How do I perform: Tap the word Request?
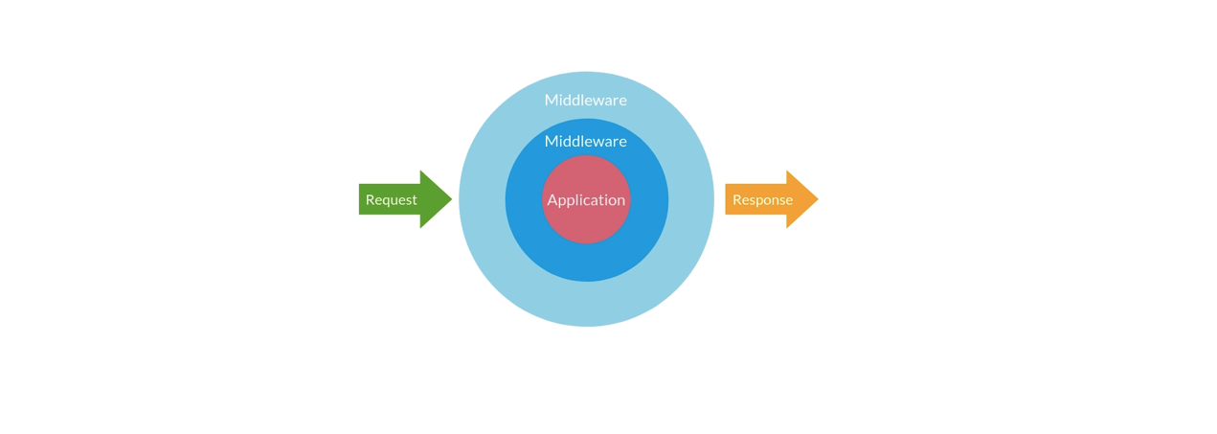point(391,200)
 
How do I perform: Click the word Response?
point(762,200)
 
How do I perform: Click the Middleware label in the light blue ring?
point(585,100)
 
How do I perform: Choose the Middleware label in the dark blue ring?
point(585,141)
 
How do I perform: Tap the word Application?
point(586,200)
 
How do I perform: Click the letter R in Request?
point(370,200)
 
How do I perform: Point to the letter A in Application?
point(552,200)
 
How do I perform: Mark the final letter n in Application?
point(620,200)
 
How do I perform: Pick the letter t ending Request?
point(415,200)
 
